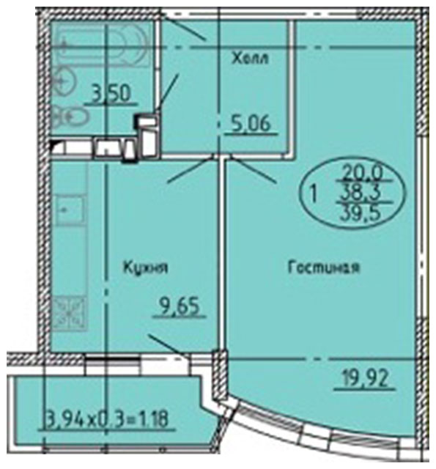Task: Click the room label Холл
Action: (251, 58)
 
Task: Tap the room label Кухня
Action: (146, 267)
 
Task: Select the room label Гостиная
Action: (324, 267)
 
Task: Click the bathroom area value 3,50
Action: (111, 93)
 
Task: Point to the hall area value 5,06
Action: (251, 123)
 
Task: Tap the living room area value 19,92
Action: (365, 377)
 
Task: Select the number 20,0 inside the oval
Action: (363, 172)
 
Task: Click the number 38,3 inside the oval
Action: (361, 193)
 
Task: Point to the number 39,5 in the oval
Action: (361, 213)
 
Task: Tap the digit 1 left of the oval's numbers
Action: (313, 193)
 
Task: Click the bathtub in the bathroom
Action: (102, 45)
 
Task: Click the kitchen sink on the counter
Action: (70, 210)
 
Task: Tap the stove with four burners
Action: (70, 313)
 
